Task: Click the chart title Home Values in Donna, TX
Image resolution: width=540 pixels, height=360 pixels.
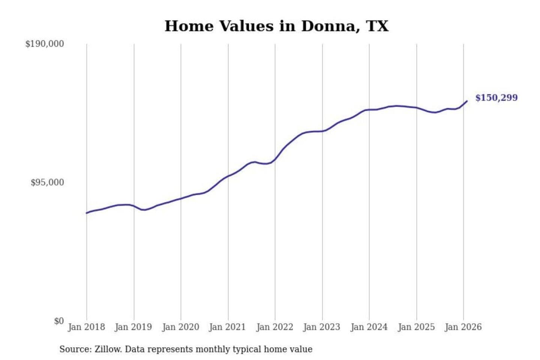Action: [276, 26]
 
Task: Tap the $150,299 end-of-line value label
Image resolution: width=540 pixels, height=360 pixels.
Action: [496, 98]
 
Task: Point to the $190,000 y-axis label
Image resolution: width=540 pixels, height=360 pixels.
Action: [45, 44]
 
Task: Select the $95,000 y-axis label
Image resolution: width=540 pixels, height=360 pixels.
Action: [47, 183]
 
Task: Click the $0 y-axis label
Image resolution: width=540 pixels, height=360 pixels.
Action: [59, 321]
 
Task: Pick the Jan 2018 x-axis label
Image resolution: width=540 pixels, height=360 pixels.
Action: [86, 327]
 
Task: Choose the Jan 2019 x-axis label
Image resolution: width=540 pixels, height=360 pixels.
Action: [133, 327]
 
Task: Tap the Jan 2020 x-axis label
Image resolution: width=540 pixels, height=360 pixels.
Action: [180, 327]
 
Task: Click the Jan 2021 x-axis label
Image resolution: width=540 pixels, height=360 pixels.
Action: [227, 327]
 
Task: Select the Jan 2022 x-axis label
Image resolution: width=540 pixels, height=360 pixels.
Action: [274, 327]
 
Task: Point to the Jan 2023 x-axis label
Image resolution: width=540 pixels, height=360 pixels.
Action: [321, 327]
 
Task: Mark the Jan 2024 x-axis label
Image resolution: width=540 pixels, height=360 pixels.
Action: [369, 327]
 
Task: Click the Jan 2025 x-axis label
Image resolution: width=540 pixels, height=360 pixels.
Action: [416, 327]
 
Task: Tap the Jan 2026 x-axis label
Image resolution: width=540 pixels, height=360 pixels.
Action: [463, 327]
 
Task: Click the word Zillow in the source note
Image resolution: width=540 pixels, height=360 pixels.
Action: [108, 349]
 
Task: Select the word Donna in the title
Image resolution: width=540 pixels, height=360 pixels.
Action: [327, 26]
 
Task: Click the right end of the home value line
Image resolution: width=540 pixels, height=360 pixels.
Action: [467, 101]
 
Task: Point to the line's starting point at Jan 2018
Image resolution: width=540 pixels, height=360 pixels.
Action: [87, 213]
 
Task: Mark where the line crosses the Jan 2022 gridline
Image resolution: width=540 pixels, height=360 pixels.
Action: [275, 159]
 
